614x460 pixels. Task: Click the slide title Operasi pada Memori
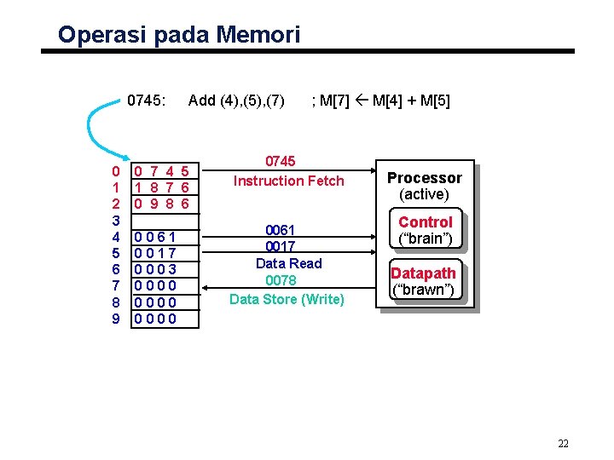[179, 35]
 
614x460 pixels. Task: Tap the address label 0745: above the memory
[146, 101]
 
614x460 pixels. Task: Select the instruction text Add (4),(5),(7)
[236, 101]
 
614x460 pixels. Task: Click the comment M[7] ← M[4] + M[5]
[381, 101]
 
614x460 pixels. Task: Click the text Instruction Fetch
[288, 181]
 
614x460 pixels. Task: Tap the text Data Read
[288, 263]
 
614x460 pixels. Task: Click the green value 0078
[281, 280]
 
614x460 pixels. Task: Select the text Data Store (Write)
[287, 299]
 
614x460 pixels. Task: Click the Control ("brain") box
[425, 230]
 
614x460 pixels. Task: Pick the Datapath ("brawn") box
[423, 281]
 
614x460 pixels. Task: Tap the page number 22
[563, 443]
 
